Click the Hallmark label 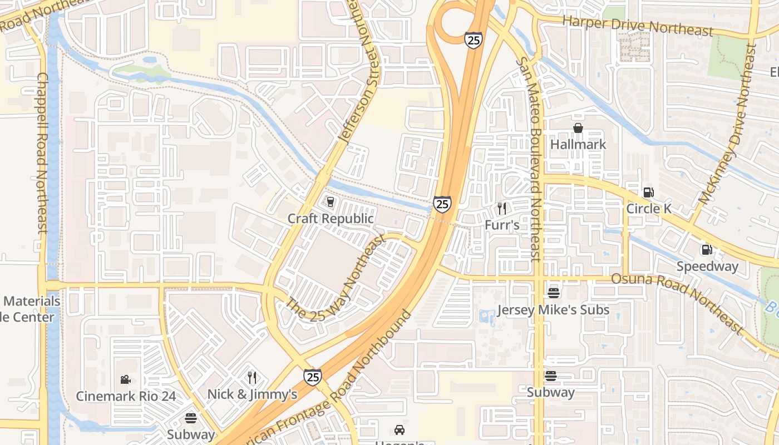pos(578,145)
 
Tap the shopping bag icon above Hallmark pos(578,128)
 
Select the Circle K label pos(649,209)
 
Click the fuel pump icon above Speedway pos(707,250)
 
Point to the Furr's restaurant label pos(502,225)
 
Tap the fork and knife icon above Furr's pos(502,209)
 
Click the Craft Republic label pos(331,219)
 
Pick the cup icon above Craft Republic pos(331,201)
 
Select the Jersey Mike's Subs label pos(553,310)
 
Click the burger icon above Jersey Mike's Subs pos(553,293)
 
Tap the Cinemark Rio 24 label pos(126,397)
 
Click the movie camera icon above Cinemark pos(126,380)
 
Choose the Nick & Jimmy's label pos(252,394)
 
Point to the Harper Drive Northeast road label pos(638,26)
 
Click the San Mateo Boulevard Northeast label pos(529,159)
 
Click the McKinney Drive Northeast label pos(734,125)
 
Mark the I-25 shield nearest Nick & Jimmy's pos(312,377)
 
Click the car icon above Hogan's pos(399,430)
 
